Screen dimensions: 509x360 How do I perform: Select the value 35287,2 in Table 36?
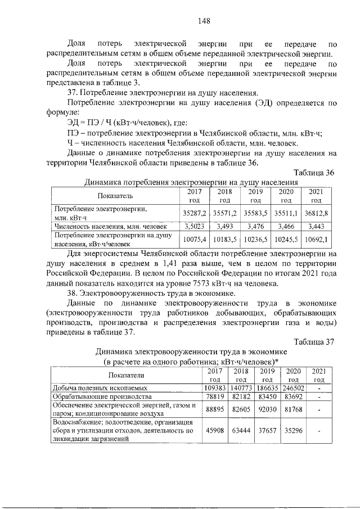195,213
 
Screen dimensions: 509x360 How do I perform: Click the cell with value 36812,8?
316,213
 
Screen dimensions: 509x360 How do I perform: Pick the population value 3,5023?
195,226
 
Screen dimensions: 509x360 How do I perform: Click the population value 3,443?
316,226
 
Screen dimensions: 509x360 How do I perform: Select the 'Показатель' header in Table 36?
115,195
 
